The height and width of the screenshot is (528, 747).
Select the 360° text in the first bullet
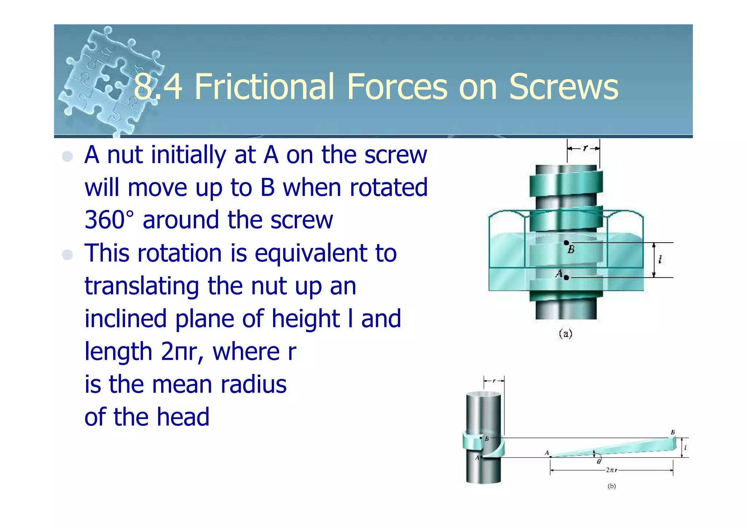click(109, 220)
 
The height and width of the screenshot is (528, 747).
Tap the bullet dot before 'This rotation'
click(67, 254)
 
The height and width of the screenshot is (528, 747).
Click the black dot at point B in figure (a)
click(566, 243)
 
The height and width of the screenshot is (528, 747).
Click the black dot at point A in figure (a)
click(566, 278)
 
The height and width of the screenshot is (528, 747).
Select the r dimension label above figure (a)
click(585, 148)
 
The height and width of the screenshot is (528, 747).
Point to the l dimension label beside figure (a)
click(660, 259)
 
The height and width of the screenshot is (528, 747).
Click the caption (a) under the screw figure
click(566, 334)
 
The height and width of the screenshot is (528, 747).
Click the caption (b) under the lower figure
click(612, 486)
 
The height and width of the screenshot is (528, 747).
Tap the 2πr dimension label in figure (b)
click(611, 470)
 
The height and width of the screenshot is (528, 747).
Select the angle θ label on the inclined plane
click(599, 462)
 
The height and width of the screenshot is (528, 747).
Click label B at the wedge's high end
click(673, 432)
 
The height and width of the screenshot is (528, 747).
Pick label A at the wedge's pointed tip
click(547, 453)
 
